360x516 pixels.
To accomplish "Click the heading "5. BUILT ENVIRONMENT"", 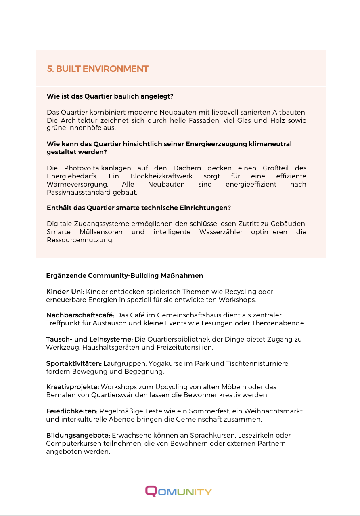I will pos(98,69).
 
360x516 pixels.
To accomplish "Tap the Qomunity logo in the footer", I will pos(178,491).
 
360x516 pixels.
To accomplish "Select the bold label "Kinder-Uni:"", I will pos(65,292).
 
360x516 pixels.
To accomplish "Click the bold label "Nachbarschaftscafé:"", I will pos(80,315).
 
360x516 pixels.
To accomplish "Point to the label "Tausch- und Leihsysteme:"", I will pos(89,339).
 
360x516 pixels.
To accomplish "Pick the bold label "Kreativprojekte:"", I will pos(73,387).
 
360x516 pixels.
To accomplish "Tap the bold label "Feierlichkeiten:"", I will pos(72,411).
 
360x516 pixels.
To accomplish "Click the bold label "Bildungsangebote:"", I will pos(78,435).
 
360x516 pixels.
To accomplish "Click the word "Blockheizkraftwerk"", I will pos(161,176).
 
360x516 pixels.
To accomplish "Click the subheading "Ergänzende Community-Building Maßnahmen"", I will pos(125,276).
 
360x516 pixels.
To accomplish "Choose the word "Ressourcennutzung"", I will pos(80,240).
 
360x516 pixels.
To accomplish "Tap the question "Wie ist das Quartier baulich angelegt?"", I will pos(110,96).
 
